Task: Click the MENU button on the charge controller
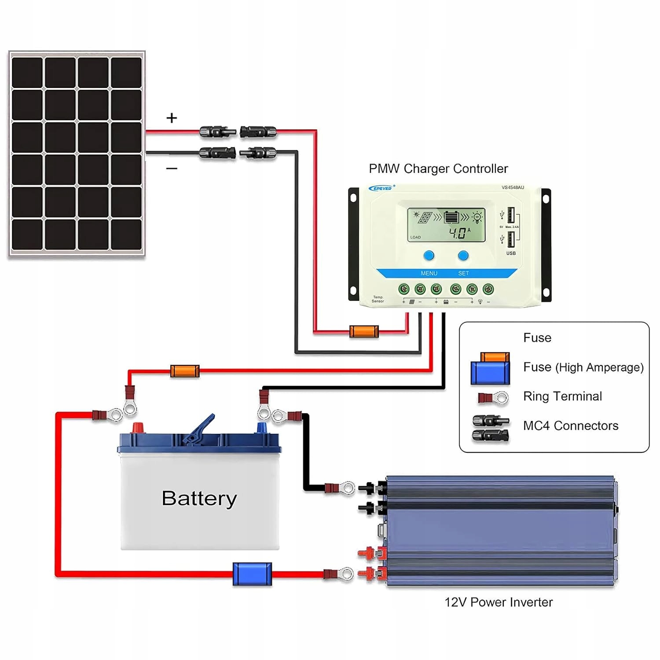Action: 429,256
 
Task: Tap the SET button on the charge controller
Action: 463,256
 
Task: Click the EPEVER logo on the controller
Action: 381,188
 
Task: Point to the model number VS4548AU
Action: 513,187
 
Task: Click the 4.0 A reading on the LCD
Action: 459,233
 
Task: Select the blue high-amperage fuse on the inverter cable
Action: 252,574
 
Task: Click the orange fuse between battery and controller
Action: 185,371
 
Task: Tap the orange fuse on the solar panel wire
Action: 364,331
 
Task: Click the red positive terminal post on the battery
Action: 138,427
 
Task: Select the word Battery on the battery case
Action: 199,499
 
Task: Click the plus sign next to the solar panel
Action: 172,118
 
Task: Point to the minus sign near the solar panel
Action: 172,169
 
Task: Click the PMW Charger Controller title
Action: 438,169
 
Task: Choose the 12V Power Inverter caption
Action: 499,602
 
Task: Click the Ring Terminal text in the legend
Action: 562,396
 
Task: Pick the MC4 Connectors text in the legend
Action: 571,425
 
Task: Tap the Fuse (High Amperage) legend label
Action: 583,367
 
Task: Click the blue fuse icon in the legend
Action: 490,372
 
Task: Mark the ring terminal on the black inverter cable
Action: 348,488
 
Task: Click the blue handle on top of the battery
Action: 201,429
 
